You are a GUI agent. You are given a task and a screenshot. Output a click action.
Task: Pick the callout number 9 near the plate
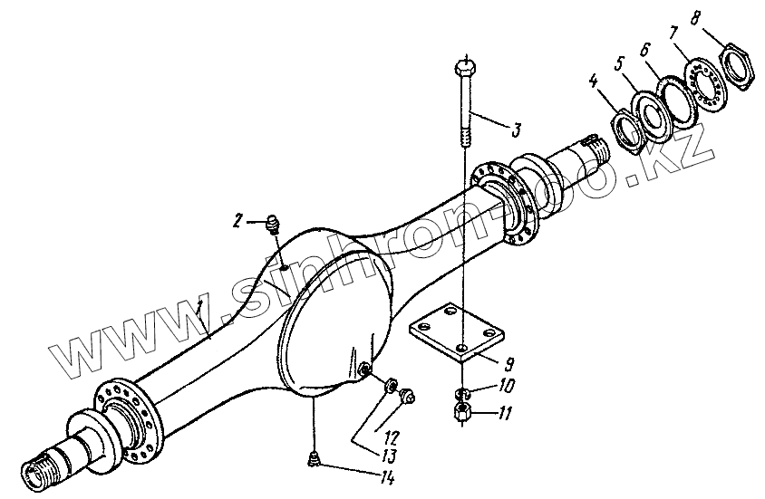(x=510, y=364)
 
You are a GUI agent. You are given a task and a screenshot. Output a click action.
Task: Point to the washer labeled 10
(x=461, y=393)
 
